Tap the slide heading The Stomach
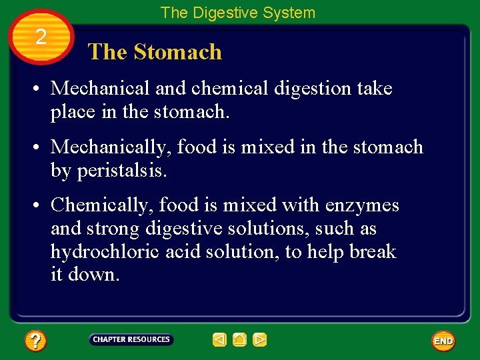[155, 52]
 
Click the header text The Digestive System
[237, 13]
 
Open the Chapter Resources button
[131, 339]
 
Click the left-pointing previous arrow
[219, 340]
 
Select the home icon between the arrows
[239, 340]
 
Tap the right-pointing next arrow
[260, 340]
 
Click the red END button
[443, 341]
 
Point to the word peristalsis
[122, 171]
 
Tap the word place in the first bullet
[73, 113]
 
